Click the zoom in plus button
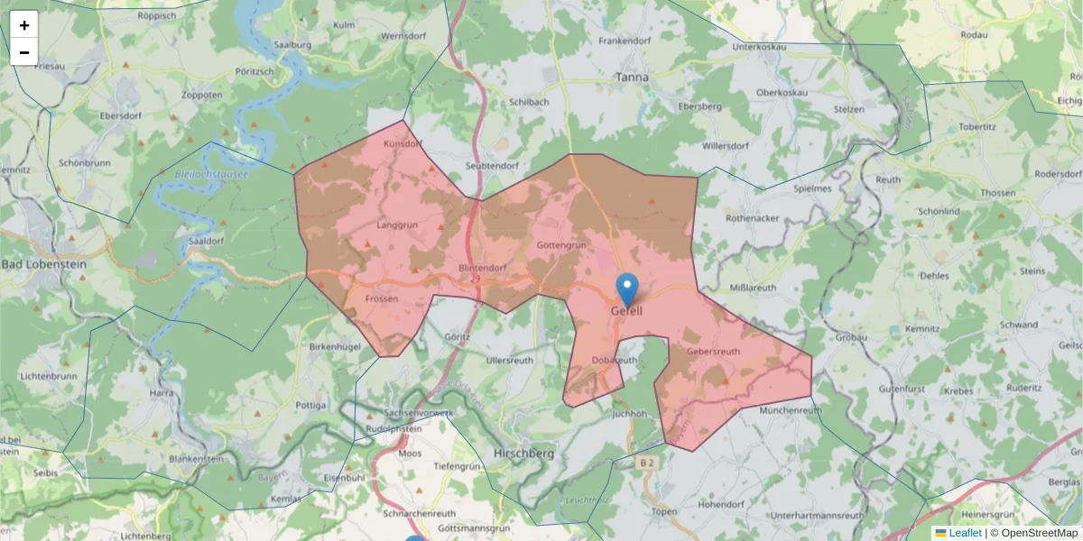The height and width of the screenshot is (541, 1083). [24, 25]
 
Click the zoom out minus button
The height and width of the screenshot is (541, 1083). [24, 52]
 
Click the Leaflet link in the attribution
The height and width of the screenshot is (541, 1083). [965, 533]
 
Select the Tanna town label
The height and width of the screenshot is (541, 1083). [632, 78]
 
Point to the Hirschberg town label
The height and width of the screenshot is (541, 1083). [524, 454]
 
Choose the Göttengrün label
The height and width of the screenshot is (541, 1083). [561, 245]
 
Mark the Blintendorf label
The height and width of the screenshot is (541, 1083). [482, 268]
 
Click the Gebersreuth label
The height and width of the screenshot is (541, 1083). [713, 352]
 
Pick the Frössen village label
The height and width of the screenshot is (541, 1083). [381, 298]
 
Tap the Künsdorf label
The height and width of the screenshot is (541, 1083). [403, 143]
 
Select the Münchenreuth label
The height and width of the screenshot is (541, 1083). [791, 410]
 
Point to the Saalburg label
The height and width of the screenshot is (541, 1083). [292, 45]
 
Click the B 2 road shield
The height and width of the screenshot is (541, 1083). [646, 463]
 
